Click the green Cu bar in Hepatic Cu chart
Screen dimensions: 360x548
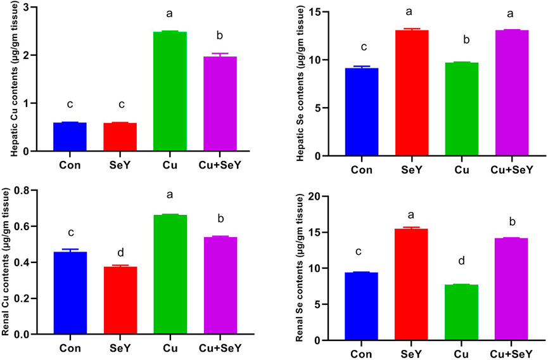point(170,91)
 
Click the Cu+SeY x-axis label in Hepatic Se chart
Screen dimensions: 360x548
point(511,169)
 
